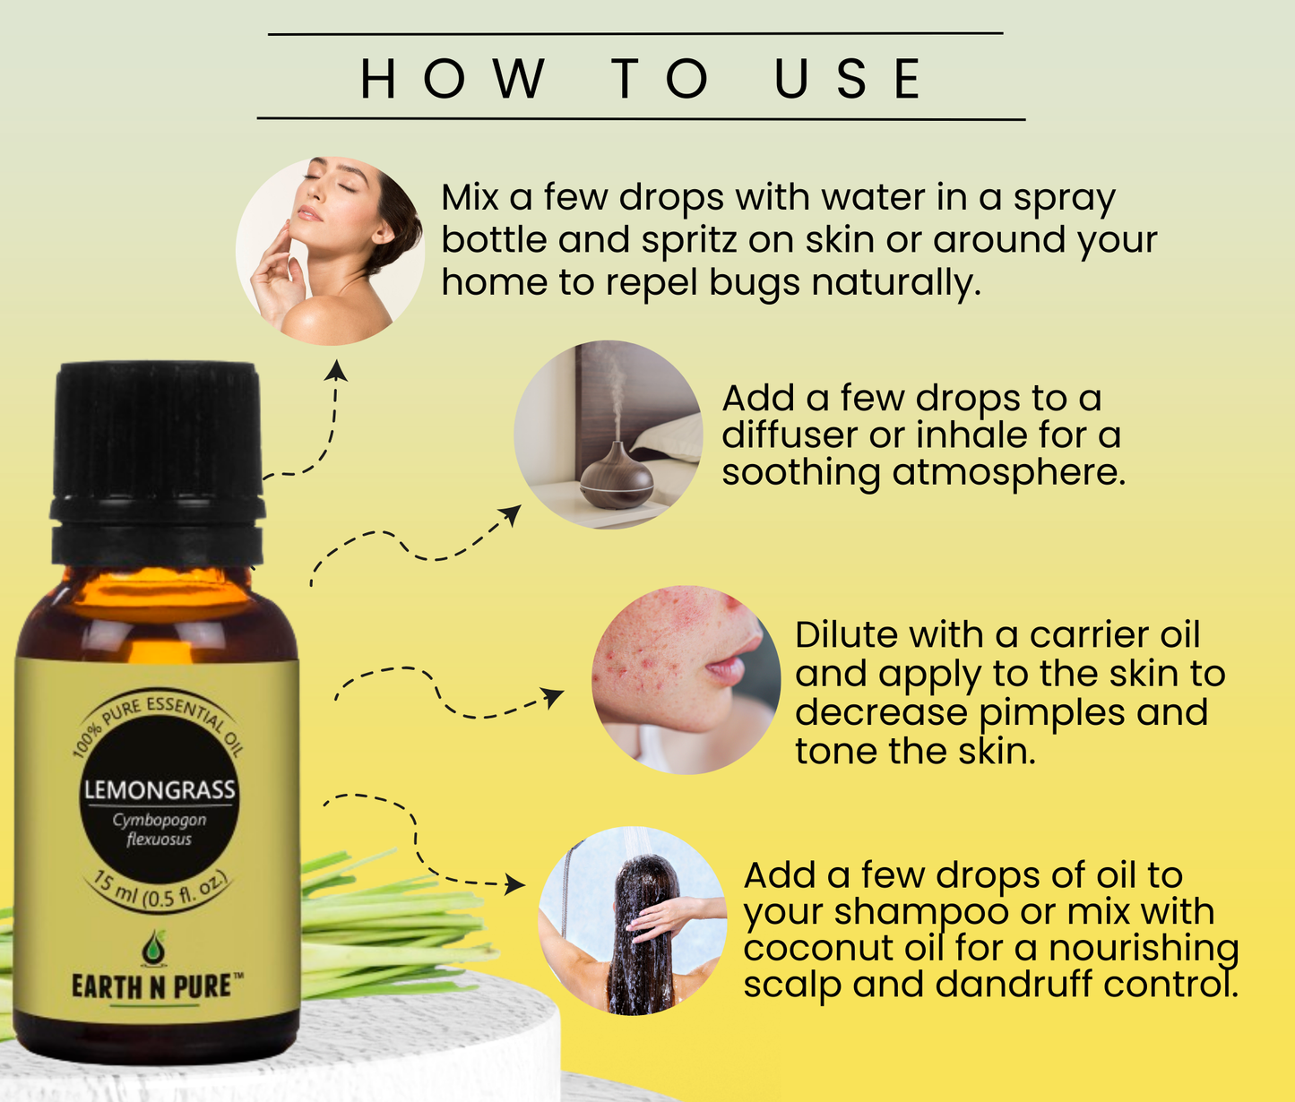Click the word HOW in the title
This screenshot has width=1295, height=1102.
[x=453, y=79]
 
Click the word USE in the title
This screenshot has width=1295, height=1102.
[x=847, y=79]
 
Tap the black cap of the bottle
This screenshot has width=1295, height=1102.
[x=158, y=439]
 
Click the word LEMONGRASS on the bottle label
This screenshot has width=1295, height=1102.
[x=160, y=790]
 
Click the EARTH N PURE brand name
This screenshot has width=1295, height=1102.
[x=157, y=986]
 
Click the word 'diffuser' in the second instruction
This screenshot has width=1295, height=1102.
[x=789, y=435]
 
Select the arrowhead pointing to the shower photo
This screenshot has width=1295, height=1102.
[x=516, y=885]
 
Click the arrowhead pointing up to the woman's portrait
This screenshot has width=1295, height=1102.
[x=336, y=369]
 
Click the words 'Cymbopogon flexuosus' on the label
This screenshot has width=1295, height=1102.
[x=160, y=830]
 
